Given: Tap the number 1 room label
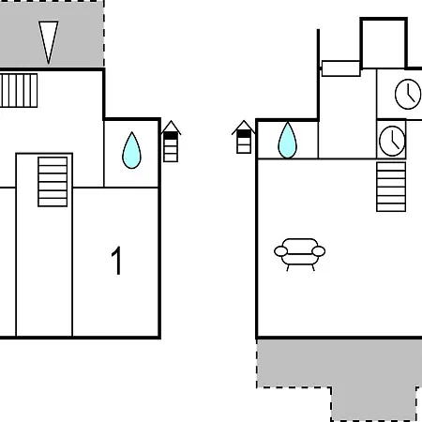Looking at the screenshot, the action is point(116,261).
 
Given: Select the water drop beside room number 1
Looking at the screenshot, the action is point(131,150).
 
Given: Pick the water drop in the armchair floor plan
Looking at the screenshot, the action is point(287,140).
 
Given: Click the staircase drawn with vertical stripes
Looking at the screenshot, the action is point(19,91).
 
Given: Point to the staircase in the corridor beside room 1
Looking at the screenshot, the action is point(53,182).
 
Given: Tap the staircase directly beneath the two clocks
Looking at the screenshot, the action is point(391,187).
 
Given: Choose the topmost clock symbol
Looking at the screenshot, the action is point(408,94).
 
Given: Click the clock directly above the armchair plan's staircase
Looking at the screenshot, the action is point(392,141).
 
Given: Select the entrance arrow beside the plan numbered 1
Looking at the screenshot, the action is point(171,142).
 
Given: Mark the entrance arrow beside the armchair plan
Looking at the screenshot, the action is point(244,137).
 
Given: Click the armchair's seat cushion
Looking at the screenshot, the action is point(299,259).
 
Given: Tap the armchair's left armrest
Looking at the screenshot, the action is point(280,251).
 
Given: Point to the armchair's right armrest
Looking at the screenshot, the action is point(319,251).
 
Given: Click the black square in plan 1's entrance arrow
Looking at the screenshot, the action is point(171,136).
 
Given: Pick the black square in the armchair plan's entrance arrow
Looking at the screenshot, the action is point(244,134).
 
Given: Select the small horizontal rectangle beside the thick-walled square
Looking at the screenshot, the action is point(341,68).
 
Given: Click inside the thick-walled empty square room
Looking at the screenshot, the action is point(384,43).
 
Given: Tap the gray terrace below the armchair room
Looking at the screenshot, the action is point(339,375).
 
